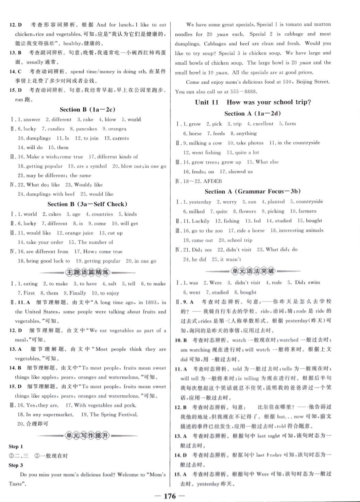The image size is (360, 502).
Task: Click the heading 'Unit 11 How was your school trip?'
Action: point(253,102)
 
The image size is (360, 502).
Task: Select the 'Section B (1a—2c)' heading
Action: point(87,110)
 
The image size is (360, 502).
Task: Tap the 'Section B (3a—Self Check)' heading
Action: point(87,204)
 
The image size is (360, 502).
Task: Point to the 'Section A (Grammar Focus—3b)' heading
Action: point(253,191)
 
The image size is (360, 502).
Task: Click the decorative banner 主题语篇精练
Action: point(88,272)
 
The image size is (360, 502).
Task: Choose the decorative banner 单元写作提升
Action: point(88,436)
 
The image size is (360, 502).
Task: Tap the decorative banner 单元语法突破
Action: point(253,271)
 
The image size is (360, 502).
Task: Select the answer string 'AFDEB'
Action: point(212,181)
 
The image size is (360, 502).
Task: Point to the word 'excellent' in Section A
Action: point(263,124)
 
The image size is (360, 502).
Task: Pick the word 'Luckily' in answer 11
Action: point(201,221)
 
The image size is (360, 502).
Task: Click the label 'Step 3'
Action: point(16,465)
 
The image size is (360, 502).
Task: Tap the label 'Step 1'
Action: point(16,447)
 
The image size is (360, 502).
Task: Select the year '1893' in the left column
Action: point(151,302)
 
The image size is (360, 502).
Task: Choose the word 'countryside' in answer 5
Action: point(309,202)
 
